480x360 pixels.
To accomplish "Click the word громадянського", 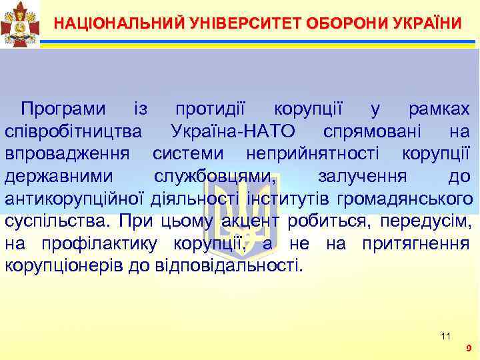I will point(406,199).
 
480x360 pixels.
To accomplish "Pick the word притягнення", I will point(416,244).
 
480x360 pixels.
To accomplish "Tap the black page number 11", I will point(446,335).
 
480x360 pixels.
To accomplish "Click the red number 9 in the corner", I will point(469,348).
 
